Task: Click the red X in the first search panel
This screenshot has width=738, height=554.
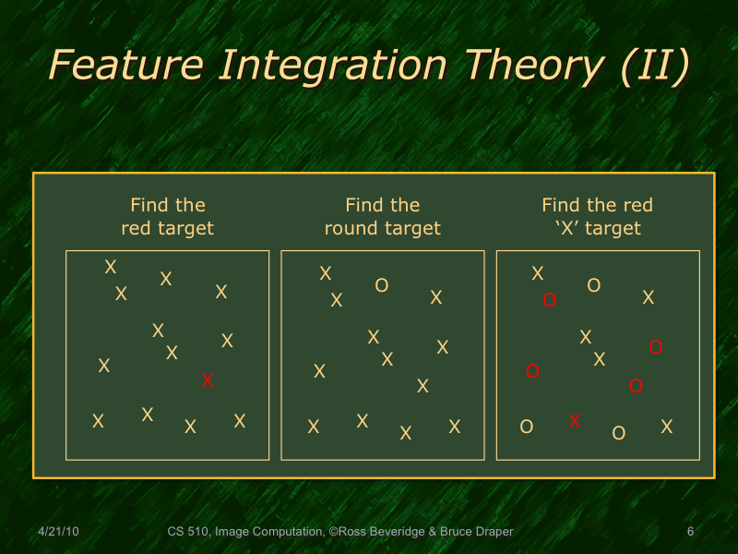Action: (x=208, y=379)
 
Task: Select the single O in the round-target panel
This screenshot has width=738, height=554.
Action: (x=381, y=286)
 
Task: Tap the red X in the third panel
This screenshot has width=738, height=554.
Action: (x=575, y=421)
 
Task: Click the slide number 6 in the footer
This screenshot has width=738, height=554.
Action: (x=690, y=532)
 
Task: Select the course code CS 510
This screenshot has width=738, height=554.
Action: (x=188, y=532)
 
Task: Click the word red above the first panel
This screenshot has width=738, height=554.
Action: (x=136, y=228)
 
